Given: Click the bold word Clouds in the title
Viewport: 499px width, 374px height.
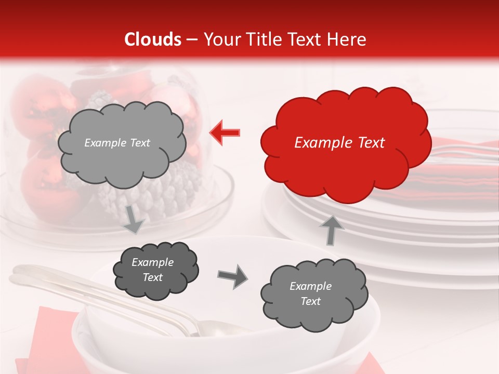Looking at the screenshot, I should (153, 39).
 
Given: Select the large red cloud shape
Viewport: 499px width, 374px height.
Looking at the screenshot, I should (345, 143).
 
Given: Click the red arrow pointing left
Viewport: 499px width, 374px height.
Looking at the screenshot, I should (225, 132).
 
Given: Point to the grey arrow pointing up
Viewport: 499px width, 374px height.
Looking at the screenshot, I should (331, 230).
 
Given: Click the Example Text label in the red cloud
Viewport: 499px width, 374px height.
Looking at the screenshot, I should (339, 143).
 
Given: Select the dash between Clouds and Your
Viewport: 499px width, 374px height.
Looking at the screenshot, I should (191, 39).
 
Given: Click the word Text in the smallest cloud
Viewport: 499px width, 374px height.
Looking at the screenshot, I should (152, 277).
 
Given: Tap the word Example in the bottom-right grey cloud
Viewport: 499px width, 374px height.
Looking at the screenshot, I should (310, 286).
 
